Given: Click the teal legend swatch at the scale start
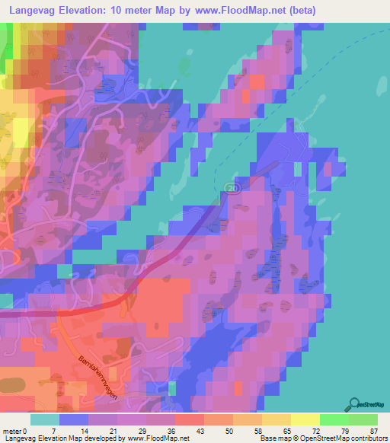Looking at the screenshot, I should [45, 420].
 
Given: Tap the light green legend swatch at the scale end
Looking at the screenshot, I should [363, 420].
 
